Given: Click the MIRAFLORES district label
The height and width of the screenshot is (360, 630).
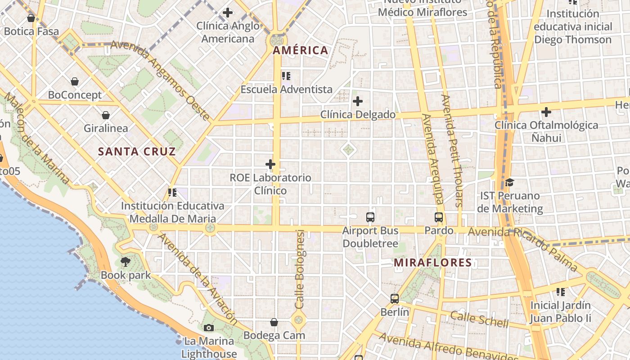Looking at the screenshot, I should click(x=432, y=262).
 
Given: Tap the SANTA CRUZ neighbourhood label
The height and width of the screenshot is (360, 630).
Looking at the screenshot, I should click(x=137, y=152).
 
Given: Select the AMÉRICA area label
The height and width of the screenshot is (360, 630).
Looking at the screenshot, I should click(x=301, y=50).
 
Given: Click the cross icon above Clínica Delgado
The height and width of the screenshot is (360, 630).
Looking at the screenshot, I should click(x=358, y=101).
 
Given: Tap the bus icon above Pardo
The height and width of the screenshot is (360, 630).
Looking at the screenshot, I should click(x=439, y=217).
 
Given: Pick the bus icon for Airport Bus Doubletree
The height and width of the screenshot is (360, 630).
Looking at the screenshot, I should click(x=370, y=217).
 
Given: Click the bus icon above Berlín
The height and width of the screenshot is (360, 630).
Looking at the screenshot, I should click(x=395, y=298).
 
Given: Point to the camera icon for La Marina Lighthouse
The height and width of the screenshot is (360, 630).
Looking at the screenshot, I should click(x=209, y=328).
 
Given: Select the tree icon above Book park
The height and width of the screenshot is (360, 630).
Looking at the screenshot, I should click(x=126, y=261).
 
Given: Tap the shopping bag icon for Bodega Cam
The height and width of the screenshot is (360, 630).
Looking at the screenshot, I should click(x=274, y=322).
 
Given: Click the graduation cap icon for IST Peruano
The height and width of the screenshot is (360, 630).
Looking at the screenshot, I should click(x=509, y=182).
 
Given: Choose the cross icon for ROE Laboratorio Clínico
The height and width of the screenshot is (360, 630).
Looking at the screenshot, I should click(x=270, y=164).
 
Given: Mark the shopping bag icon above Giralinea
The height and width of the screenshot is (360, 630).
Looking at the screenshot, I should click(x=106, y=115).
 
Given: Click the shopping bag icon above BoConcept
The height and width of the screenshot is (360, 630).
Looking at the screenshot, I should click(x=75, y=81).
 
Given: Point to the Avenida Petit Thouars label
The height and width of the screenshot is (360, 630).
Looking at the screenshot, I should click(x=452, y=150).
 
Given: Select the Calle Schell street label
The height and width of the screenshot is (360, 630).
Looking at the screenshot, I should click(x=479, y=319).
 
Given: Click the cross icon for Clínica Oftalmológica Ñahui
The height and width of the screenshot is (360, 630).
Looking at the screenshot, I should click(x=546, y=112).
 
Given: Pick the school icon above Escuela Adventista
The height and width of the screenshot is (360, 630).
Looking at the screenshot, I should click(x=286, y=76).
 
